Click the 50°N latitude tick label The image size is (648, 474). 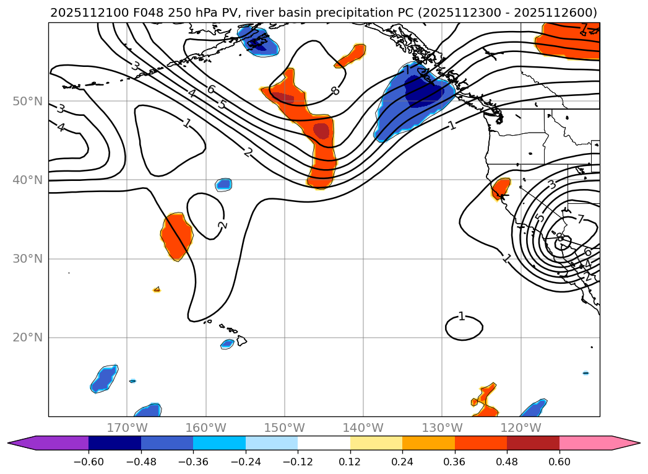click(27, 101)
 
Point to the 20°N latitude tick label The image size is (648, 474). click(27, 338)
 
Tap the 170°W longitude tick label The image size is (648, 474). click(127, 428)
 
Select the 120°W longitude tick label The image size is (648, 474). click(521, 428)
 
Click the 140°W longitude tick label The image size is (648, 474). click(363, 428)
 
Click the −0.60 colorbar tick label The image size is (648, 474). click(89, 463)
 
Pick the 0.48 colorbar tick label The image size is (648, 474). click(507, 463)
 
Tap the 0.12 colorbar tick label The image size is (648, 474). click(350, 463)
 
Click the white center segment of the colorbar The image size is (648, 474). click(324, 442)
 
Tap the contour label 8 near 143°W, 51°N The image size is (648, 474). click(335, 91)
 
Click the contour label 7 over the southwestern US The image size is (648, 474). click(581, 219)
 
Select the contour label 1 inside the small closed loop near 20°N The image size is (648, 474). click(461, 317)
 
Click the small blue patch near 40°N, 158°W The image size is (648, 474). click(223, 184)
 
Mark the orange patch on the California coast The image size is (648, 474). click(501, 188)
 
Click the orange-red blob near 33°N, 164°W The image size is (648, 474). click(176, 235)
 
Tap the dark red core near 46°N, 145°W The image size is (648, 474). click(321, 131)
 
